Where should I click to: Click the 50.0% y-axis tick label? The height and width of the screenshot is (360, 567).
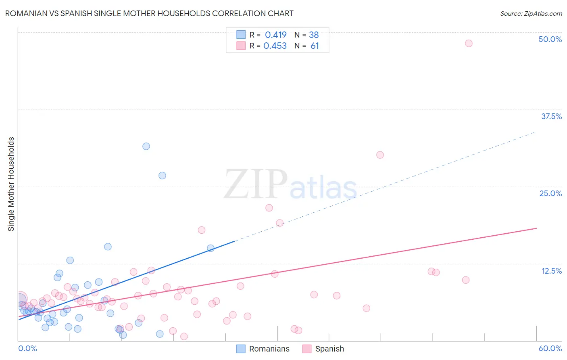click(550, 39)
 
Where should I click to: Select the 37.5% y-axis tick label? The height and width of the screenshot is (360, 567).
click(551, 116)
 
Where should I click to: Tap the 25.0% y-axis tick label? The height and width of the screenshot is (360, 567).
click(550, 193)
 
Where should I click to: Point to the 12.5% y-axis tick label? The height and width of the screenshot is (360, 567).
click(551, 271)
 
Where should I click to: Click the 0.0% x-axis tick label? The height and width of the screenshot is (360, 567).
click(27, 348)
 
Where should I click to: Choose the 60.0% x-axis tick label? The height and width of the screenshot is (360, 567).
click(550, 348)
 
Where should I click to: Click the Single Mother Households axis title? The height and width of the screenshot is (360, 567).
click(11, 184)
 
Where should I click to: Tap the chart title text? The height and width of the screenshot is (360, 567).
click(149, 13)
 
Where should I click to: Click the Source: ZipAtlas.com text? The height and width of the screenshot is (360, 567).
click(531, 13)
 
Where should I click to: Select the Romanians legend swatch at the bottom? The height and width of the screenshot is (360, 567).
click(241, 349)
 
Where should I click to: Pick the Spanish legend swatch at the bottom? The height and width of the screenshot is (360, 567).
click(307, 349)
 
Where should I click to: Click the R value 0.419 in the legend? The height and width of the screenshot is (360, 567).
click(275, 35)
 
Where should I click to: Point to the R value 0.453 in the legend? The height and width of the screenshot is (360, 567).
click(275, 46)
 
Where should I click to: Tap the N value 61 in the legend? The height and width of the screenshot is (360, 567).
click(315, 46)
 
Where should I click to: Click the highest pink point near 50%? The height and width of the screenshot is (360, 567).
click(468, 43)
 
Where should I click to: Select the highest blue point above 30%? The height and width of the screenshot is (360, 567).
click(146, 146)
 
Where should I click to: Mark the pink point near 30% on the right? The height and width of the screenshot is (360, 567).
click(380, 155)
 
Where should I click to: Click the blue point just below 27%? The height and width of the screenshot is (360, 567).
click(162, 175)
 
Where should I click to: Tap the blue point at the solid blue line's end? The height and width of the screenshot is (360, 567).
click(211, 248)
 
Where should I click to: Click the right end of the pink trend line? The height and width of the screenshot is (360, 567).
click(537, 228)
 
